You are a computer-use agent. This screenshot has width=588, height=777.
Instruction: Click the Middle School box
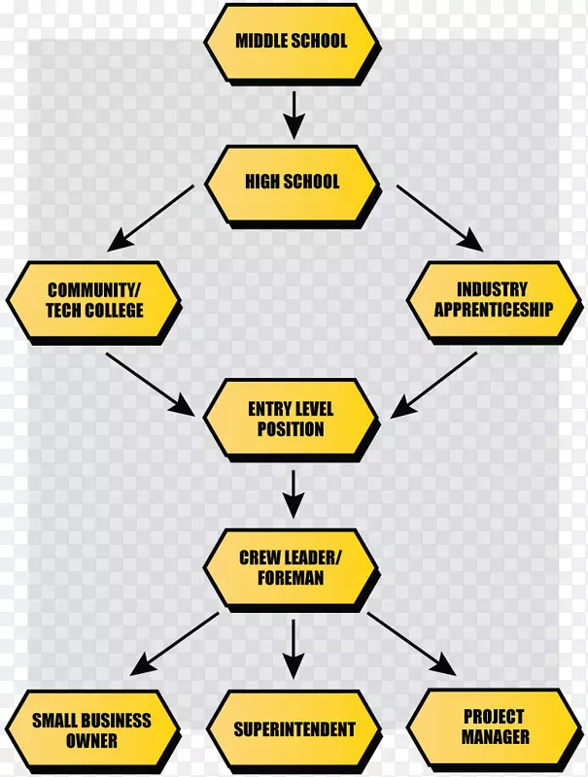click(x=291, y=42)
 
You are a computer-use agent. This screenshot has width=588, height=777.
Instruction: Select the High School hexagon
click(x=291, y=182)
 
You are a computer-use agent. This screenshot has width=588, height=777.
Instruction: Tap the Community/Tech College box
click(x=94, y=300)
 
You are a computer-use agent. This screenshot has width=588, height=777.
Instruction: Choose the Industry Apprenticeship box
click(x=492, y=299)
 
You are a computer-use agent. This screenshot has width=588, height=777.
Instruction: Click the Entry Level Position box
click(x=291, y=419)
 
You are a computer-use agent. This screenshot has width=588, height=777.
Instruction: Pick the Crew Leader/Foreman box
click(x=291, y=567)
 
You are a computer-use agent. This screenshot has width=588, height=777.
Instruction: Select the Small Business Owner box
click(x=91, y=730)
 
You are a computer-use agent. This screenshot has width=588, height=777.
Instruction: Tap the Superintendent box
click(x=294, y=729)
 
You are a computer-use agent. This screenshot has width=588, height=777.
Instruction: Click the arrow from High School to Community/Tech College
click(x=155, y=216)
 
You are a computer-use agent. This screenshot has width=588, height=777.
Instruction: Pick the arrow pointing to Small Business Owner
click(x=175, y=644)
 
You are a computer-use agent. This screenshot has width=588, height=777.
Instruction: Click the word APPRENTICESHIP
click(x=492, y=311)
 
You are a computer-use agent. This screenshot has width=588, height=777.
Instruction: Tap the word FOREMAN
click(x=291, y=578)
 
